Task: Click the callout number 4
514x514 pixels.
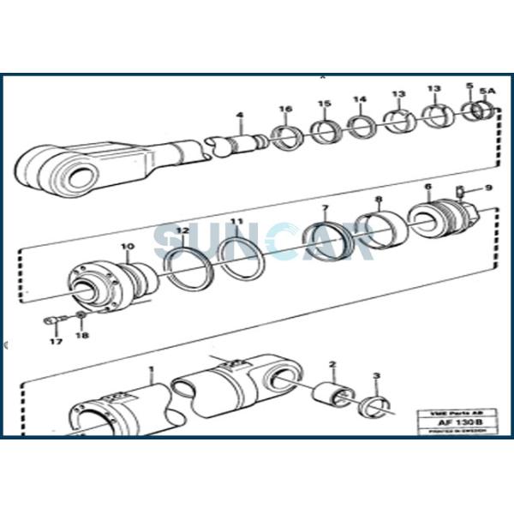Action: click(240, 116)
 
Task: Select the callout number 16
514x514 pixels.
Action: click(285, 109)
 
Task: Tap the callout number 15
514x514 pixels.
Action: click(324, 105)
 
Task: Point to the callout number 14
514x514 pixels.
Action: click(360, 100)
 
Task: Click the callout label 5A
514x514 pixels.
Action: click(487, 90)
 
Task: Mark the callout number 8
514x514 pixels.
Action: click(378, 200)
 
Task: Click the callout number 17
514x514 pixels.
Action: click(55, 342)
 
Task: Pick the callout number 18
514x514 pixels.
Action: click(82, 336)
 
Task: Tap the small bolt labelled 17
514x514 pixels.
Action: click(51, 322)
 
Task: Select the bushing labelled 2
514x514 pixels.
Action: click(333, 397)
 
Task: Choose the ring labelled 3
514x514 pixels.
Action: click(374, 405)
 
